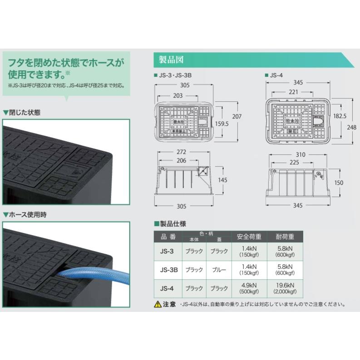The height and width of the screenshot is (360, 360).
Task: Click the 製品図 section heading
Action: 171,60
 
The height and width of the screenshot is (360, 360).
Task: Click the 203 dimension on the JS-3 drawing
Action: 178,95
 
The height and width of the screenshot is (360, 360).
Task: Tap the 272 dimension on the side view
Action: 181,152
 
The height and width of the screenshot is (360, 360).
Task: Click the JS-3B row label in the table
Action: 168,270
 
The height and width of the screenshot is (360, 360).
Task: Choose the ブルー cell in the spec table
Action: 219,270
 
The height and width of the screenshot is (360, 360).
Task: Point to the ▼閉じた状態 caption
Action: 22,112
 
